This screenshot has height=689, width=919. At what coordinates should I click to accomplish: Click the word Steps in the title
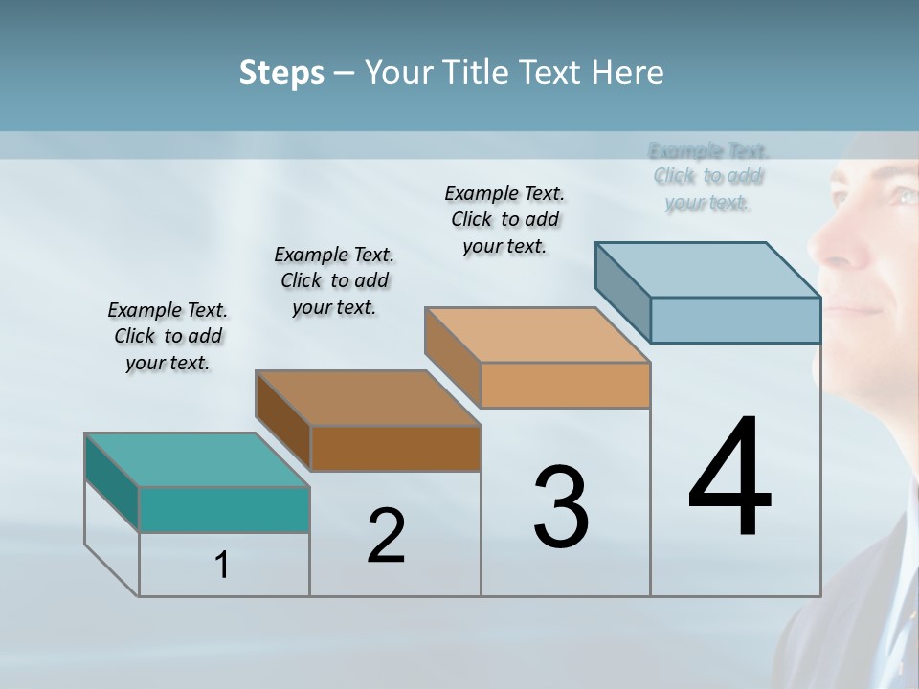(281, 73)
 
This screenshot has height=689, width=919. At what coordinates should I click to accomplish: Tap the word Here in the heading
(628, 73)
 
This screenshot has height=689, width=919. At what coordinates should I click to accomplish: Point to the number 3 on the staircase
(561, 507)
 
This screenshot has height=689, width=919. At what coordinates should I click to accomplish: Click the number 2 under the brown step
(386, 536)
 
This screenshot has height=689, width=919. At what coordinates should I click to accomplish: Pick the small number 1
(222, 566)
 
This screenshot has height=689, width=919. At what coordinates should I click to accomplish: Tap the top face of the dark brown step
(368, 397)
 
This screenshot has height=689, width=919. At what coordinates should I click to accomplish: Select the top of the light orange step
(537, 334)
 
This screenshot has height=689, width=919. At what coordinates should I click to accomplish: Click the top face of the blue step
(707, 269)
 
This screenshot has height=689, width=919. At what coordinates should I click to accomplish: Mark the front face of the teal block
(224, 509)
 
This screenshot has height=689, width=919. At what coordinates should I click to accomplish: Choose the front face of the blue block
(735, 320)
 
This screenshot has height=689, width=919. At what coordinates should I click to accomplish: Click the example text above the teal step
(168, 336)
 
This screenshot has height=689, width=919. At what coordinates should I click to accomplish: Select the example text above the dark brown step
(334, 280)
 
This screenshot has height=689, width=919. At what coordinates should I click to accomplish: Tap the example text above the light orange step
(504, 219)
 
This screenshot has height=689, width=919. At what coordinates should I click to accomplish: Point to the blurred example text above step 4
(708, 176)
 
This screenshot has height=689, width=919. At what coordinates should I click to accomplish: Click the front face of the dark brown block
(395, 448)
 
